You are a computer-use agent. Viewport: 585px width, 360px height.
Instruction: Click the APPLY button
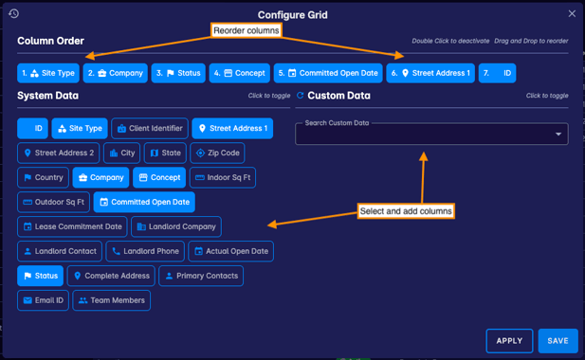tap(509, 340)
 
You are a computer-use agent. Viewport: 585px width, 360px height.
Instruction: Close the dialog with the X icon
tap(572, 14)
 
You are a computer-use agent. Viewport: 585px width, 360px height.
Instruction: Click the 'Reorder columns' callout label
tap(247, 31)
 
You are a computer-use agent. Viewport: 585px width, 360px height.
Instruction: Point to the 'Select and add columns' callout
tap(407, 210)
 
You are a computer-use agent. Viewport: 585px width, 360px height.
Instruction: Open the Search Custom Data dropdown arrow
tap(558, 135)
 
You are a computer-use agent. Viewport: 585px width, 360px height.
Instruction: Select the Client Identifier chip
tap(149, 128)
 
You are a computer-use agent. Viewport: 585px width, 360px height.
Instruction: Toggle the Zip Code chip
tap(217, 153)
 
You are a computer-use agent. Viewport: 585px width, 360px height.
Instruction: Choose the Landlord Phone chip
tap(144, 251)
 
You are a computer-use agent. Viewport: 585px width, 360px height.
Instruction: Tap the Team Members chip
tap(111, 300)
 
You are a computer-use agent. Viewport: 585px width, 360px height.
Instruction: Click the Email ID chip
tap(43, 300)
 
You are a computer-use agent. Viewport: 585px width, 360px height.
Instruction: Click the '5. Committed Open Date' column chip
tap(327, 73)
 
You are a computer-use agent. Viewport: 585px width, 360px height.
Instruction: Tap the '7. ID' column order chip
tap(497, 73)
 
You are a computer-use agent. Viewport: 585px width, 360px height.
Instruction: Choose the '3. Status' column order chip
tap(178, 73)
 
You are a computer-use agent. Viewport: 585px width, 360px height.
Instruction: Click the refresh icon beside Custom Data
tap(301, 96)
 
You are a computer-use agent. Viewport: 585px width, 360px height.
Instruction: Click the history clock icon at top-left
tap(14, 14)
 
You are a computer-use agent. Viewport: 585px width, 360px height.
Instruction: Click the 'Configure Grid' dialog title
tap(292, 15)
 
